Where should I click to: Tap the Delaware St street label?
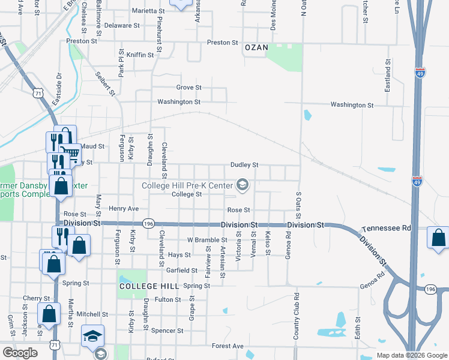point(121,26)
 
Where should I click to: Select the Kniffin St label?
point(140,55)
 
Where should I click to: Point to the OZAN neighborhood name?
point(256,47)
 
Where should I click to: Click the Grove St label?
point(188,88)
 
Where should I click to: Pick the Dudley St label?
point(244,165)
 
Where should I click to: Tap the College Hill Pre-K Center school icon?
point(243,185)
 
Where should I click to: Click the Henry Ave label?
point(124,209)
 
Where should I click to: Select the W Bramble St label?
point(207,240)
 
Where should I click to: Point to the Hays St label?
point(179,255)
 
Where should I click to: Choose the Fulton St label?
point(167,300)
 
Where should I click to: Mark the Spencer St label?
point(167,331)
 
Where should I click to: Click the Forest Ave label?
point(228,346)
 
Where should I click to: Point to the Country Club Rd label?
point(296,317)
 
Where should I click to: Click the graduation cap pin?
point(93,335)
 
